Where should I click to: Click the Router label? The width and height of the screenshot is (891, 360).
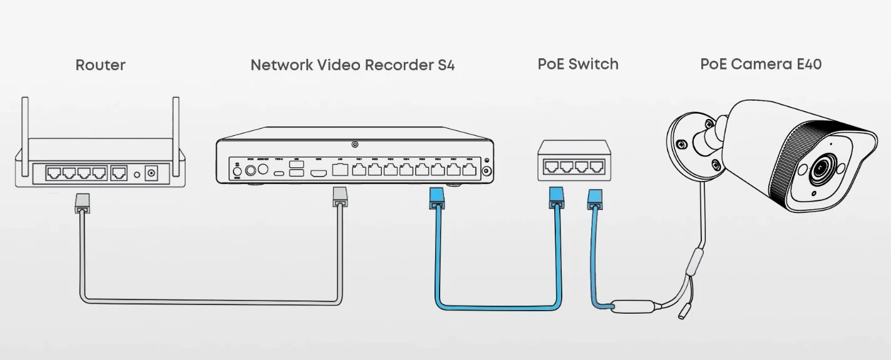(x=100, y=65)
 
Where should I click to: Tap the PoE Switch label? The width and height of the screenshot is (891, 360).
(x=578, y=64)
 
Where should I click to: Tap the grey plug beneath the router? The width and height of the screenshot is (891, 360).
(x=81, y=203)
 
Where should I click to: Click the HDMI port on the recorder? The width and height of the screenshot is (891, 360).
(x=320, y=171)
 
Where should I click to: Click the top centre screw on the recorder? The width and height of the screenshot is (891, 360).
(x=355, y=145)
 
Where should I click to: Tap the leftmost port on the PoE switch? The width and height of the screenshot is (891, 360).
(x=552, y=167)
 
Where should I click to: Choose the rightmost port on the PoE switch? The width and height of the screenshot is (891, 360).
(x=597, y=167)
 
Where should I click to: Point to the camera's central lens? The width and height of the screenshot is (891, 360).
(x=820, y=170)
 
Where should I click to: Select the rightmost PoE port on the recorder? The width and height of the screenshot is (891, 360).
(x=469, y=170)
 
